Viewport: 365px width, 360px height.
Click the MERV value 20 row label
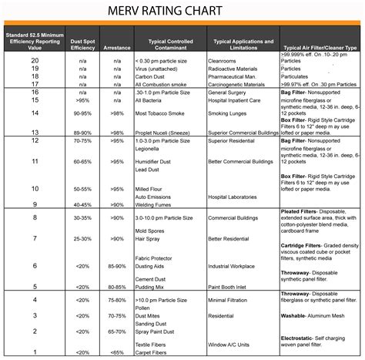tap(35, 59)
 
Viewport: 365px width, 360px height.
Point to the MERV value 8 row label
tap(35, 218)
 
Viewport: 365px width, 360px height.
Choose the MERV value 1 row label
tap(35, 352)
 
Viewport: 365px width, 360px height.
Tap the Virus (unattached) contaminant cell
tap(156, 68)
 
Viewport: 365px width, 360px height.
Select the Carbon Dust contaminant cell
tap(152, 76)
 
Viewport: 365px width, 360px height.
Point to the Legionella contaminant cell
tap(150, 150)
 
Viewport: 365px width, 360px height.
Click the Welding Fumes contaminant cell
tap(156, 204)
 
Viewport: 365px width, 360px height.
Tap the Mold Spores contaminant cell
tap(151, 230)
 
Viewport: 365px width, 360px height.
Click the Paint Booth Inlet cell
tap(233, 287)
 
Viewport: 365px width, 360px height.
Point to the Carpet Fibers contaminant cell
tap(153, 352)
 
